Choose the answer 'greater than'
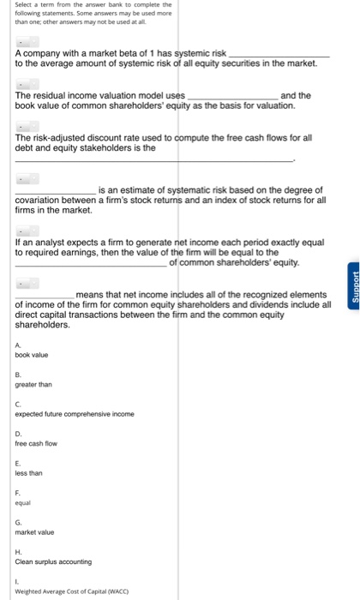(x=33, y=384)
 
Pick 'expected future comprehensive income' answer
(x=75, y=414)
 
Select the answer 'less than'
(x=28, y=472)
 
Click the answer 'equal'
(x=24, y=502)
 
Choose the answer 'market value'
(x=34, y=531)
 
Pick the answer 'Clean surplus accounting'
(x=53, y=561)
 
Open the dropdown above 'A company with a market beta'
(x=27, y=42)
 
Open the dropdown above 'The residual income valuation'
(x=27, y=85)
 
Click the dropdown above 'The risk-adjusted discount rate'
(x=27, y=127)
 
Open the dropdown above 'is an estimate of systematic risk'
(x=27, y=180)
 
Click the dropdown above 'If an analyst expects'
(x=27, y=232)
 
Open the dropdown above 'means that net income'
(x=27, y=283)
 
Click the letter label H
(x=17, y=551)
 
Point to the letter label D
(x=17, y=433)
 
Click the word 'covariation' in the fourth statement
(x=39, y=199)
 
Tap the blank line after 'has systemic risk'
(x=277, y=54)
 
